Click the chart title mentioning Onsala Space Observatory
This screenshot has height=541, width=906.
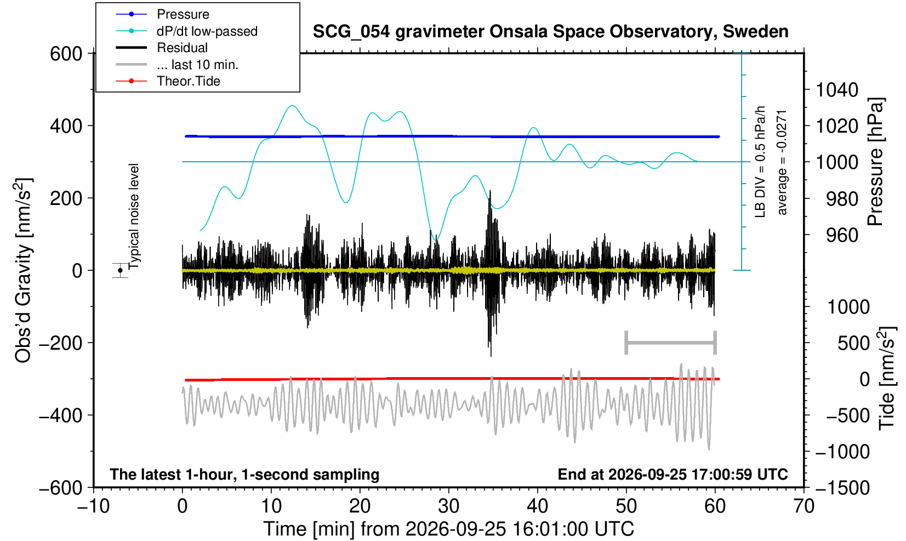pyautogui.click(x=550, y=32)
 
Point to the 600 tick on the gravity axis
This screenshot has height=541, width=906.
pyautogui.click(x=66, y=54)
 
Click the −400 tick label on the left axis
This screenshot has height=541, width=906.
pyautogui.click(x=61, y=415)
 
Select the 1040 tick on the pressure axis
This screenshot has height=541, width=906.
pyautogui.click(x=837, y=89)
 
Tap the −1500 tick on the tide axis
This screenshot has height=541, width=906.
pyautogui.click(x=842, y=488)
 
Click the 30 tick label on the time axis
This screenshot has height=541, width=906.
pyautogui.click(x=448, y=506)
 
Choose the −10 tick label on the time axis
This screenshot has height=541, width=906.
pyautogui.click(x=93, y=506)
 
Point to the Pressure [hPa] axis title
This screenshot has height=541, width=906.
pyautogui.click(x=875, y=162)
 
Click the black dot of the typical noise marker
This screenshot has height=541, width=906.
pyautogui.click(x=120, y=270)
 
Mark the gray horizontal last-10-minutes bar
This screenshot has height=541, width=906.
pyautogui.click(x=671, y=343)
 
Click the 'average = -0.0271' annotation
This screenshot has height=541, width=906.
pyautogui.click(x=782, y=162)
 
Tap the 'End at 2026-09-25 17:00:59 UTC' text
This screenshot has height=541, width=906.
pyautogui.click(x=673, y=474)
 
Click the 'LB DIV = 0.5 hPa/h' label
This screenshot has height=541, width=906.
pyautogui.click(x=760, y=162)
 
